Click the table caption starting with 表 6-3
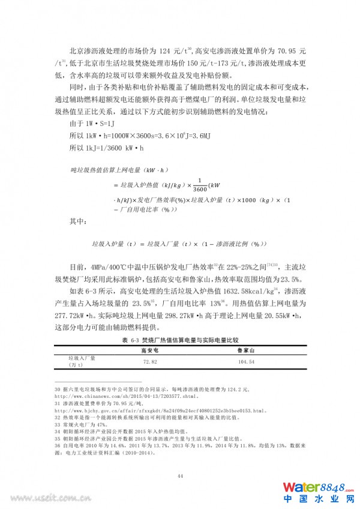(179, 340)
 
